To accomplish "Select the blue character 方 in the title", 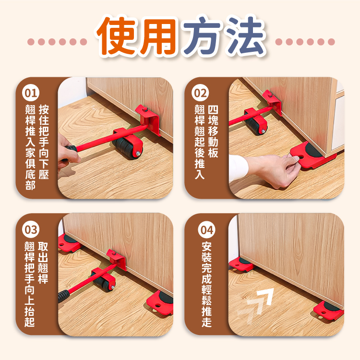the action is (202, 36).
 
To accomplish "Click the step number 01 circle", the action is (31, 93).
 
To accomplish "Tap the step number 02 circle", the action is (200, 93).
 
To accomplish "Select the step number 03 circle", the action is (31, 229).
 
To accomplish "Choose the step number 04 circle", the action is (206, 229).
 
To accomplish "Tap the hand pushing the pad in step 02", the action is (273, 170).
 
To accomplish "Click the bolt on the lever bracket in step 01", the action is (144, 109).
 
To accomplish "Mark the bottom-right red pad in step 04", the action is (328, 311).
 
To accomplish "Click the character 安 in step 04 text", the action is (206, 247).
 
